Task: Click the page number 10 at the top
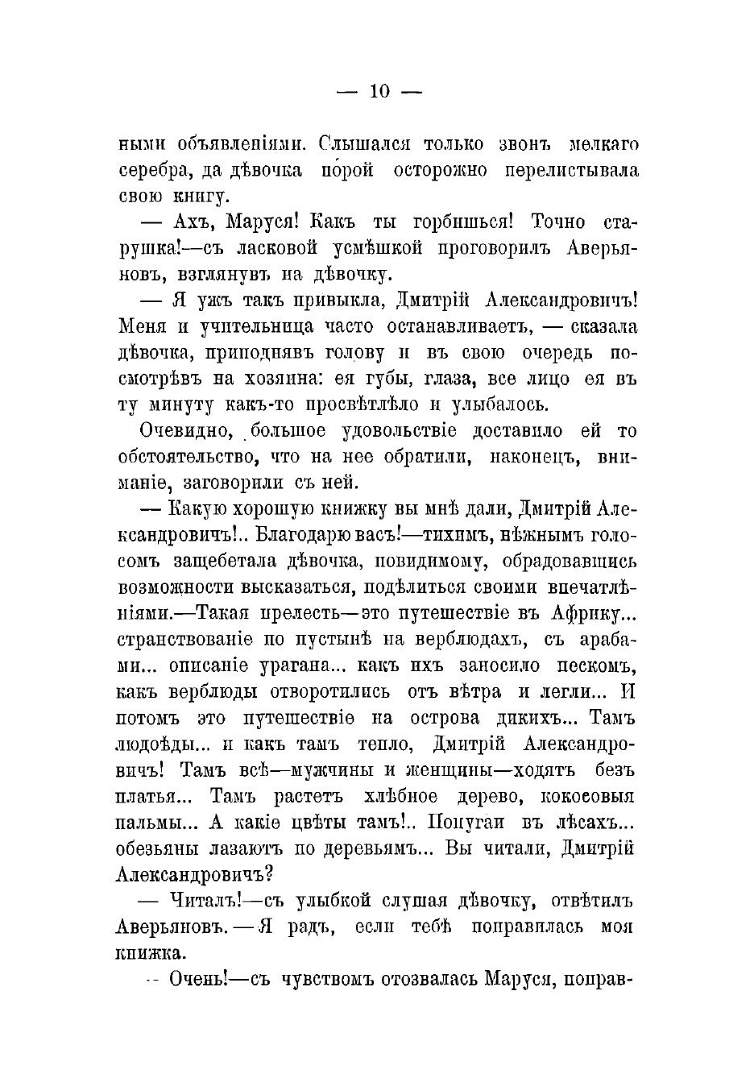pyautogui.click(x=379, y=92)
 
